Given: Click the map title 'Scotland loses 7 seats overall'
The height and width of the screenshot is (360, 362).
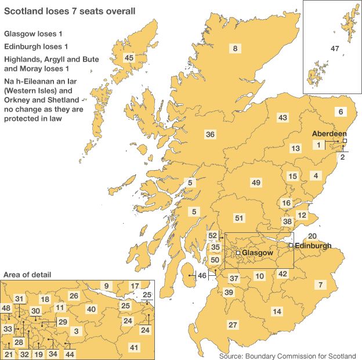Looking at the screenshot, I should pos(71,10).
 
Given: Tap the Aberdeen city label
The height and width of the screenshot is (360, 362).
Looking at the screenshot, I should pos(329,133).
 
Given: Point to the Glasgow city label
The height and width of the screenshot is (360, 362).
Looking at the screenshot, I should pos(257,254).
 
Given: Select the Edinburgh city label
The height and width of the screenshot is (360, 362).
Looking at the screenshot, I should pos(313,246).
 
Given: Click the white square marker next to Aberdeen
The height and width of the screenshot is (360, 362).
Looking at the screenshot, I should pos(345,141).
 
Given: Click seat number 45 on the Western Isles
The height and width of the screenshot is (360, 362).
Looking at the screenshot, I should pos(129,57).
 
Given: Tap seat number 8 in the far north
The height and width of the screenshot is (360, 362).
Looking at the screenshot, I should pos(235,49).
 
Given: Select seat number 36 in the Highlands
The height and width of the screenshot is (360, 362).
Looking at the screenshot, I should pos(211,134).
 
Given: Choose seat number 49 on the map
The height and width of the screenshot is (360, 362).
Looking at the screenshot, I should pos(256,183).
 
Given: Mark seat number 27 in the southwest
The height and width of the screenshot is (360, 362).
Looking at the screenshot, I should pos(233,324).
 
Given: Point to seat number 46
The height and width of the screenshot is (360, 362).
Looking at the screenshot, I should pos(202,275).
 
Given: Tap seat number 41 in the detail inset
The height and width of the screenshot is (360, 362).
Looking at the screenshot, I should pos(134,347).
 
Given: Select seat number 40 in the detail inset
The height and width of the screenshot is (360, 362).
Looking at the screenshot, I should pos(91,309).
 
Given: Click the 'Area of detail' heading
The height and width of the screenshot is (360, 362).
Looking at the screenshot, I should pos(27,274).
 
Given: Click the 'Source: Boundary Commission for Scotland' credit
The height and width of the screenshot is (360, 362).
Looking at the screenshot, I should pos(288,355).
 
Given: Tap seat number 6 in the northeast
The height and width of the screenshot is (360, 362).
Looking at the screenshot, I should pos(341,111).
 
